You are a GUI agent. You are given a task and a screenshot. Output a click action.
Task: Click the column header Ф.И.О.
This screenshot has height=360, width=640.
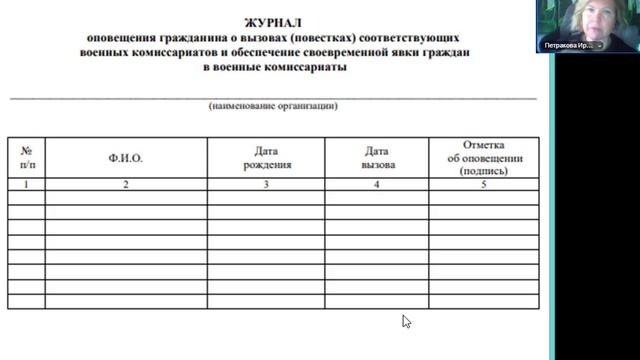coord(126,158)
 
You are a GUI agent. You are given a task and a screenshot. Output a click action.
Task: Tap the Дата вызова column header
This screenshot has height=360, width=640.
coord(377,158)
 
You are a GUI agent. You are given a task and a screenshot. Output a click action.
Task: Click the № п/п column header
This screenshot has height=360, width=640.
coord(26,158)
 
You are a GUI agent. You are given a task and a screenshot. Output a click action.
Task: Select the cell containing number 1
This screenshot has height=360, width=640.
coord(26,185)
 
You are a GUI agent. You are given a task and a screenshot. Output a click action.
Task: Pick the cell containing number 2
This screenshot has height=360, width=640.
coord(126,185)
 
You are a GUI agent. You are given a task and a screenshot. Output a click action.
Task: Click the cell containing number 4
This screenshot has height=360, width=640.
coord(377,185)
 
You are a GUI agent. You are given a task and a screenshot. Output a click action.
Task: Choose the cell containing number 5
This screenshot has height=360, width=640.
coord(484,185)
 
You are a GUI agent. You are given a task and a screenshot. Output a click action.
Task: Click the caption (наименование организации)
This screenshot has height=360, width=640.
coord(273,105)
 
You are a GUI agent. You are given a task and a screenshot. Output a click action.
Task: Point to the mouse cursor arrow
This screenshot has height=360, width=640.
coord(406,321)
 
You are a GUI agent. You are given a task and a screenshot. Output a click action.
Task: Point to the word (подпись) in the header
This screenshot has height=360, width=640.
coord(484,171)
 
